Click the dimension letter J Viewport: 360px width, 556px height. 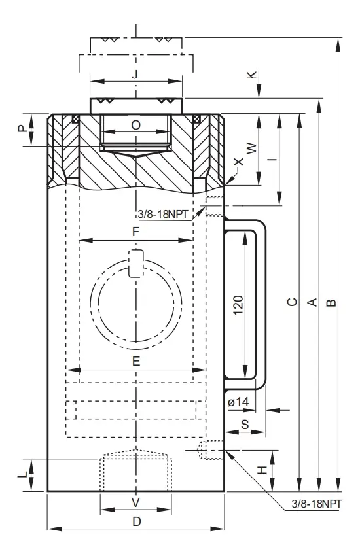(x=135, y=75)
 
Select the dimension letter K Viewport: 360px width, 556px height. (x=252, y=75)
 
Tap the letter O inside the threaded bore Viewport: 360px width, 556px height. (x=136, y=125)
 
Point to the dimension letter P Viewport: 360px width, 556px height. (x=23, y=128)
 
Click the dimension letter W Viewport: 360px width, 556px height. (x=251, y=148)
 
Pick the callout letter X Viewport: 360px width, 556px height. (x=240, y=162)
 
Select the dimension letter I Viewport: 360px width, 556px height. (x=272, y=159)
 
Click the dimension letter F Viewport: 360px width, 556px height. (x=136, y=232)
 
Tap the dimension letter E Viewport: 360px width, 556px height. (x=136, y=361)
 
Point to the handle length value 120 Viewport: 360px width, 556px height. (x=238, y=305)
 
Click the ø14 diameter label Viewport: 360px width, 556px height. (x=238, y=402)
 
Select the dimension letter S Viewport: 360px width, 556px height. (x=245, y=424)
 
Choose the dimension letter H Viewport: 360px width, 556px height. (x=262, y=470)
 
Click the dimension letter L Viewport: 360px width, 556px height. (x=22, y=474)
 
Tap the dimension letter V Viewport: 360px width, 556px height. (x=136, y=502)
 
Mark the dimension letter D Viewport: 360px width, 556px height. (x=137, y=521)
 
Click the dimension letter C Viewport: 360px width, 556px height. (x=292, y=302)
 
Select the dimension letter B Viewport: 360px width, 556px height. (x=331, y=302)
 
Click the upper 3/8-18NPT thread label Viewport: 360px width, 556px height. (x=163, y=214)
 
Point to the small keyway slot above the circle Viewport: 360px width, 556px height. (x=136, y=263)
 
